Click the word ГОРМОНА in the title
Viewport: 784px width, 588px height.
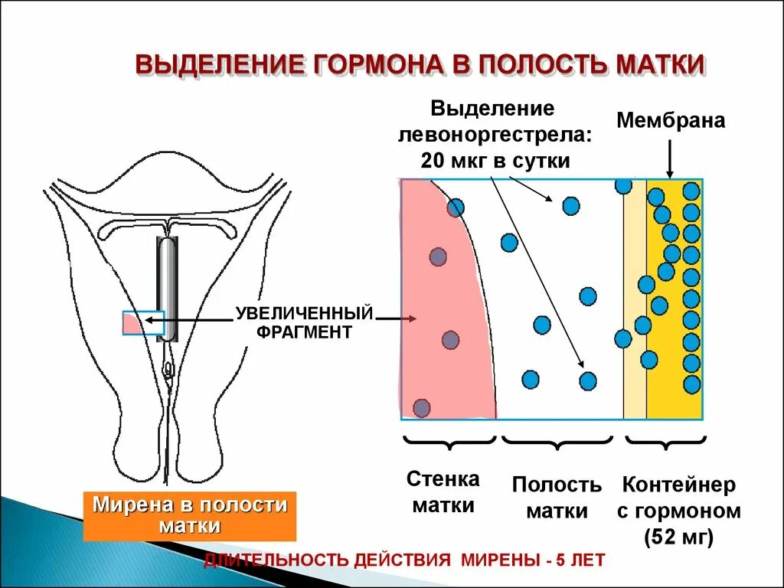pos(373,64)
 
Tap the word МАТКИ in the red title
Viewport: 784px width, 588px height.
pos(659,64)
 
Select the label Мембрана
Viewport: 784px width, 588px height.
pos(671,121)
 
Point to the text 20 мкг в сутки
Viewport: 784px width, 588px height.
pos(495,161)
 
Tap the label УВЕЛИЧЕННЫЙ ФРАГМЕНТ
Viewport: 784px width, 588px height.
pos(304,322)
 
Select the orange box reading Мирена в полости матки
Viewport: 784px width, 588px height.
pos(189,515)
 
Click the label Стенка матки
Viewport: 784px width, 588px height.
pos(443,492)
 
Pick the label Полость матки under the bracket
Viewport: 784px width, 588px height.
pos(557,498)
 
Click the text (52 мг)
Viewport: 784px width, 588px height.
pos(679,537)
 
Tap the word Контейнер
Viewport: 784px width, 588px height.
pos(679,485)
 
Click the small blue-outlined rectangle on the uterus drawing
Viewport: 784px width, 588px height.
pos(143,323)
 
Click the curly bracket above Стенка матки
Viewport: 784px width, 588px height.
pos(449,442)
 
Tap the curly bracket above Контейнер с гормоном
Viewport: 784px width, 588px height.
pos(665,442)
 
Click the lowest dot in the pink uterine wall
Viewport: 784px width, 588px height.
pos(421,407)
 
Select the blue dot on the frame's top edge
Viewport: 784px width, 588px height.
pos(623,185)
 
